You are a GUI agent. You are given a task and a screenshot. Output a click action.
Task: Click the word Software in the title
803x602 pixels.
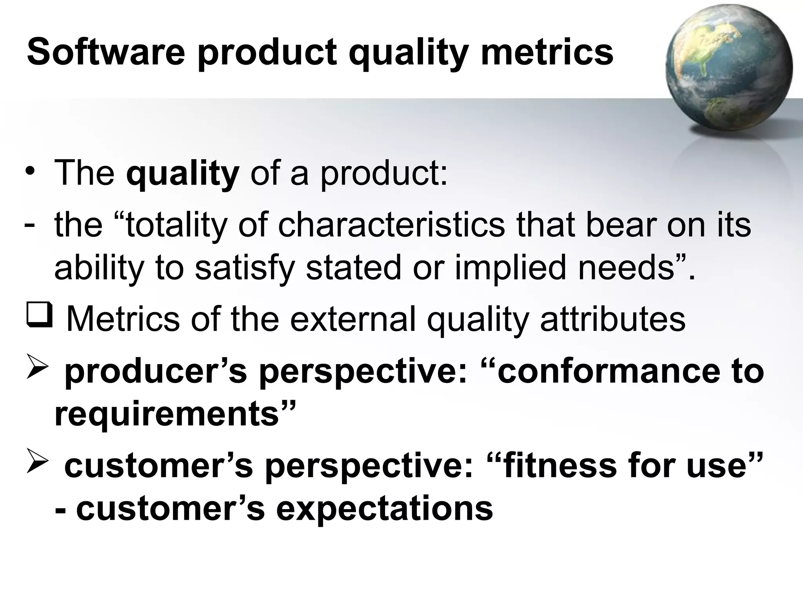[106, 53]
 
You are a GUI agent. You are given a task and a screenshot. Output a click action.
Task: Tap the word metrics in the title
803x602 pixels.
[547, 53]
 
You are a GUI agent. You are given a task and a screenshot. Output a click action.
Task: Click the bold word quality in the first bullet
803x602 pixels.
[182, 174]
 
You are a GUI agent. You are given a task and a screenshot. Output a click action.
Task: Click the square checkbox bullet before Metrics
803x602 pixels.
[39, 317]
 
